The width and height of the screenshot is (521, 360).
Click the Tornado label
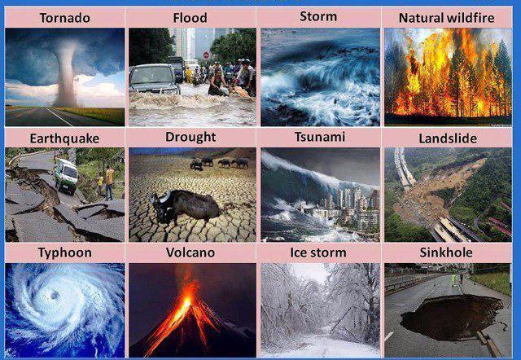click(x=65, y=18)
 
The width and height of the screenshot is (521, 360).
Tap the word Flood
click(x=190, y=18)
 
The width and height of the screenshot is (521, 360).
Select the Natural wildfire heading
click(x=447, y=18)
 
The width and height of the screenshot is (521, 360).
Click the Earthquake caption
click(x=64, y=138)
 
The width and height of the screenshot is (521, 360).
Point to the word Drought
click(x=190, y=137)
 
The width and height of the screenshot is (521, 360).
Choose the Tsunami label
click(x=320, y=137)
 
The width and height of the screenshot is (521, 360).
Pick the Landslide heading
click(x=448, y=138)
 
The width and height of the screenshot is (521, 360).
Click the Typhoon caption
click(x=65, y=253)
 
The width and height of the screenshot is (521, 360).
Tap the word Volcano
click(x=190, y=252)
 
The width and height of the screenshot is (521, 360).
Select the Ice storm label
click(x=318, y=252)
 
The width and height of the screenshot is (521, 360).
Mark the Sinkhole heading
click(x=446, y=252)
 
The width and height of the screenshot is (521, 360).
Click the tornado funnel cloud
click(x=67, y=73)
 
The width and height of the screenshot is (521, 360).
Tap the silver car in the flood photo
click(x=154, y=80)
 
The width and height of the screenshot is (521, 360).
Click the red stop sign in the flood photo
click(x=206, y=55)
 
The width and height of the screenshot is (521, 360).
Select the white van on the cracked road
click(x=66, y=176)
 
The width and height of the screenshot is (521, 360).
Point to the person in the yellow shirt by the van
click(x=110, y=182)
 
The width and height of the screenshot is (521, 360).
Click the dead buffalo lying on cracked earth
click(x=185, y=206)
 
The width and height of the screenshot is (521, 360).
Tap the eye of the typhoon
click(x=55, y=295)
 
